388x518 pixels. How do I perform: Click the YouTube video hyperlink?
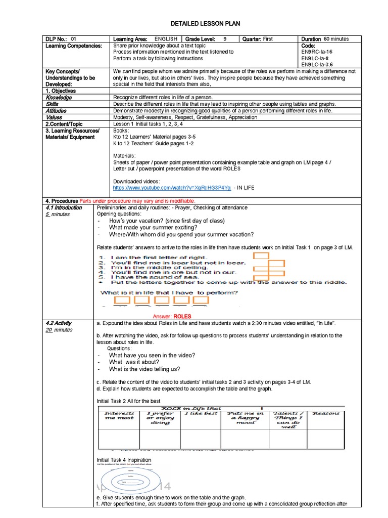[x=172, y=187]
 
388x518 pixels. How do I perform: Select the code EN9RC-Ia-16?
[x=317, y=52]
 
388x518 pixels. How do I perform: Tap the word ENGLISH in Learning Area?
[x=166, y=39]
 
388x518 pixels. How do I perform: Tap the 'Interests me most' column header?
[x=119, y=416]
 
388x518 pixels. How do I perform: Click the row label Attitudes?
[x=56, y=110]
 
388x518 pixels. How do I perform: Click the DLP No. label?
[x=57, y=39]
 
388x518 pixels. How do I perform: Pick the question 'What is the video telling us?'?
[x=144, y=369]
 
